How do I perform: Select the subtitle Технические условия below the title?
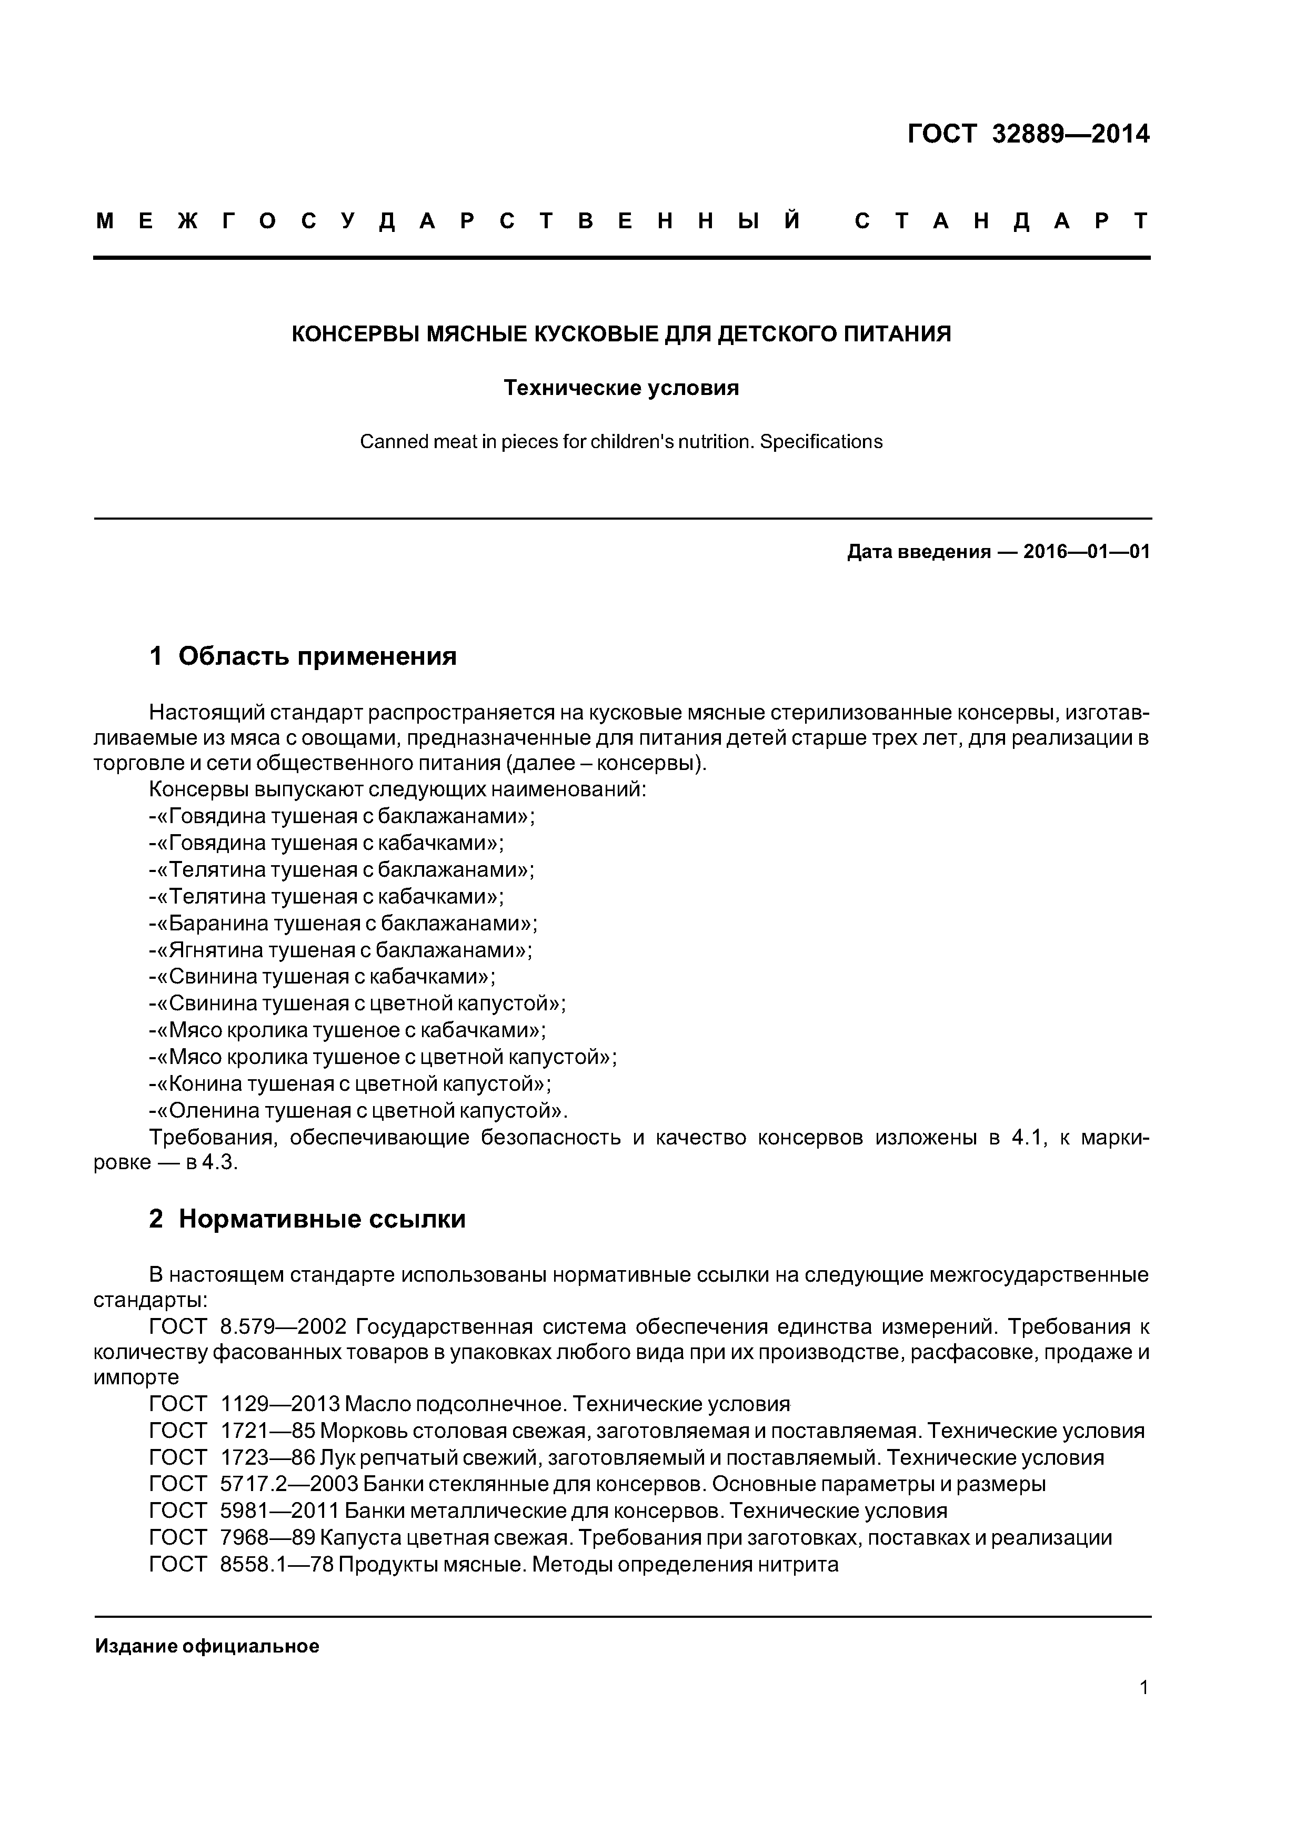(x=621, y=388)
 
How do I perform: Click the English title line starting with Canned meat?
(x=621, y=442)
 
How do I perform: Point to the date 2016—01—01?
(x=1086, y=552)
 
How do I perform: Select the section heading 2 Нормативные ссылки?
(x=307, y=1219)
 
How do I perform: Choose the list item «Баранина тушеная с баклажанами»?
(x=344, y=924)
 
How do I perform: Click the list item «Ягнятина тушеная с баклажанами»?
(x=342, y=950)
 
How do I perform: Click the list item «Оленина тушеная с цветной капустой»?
(x=359, y=1111)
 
